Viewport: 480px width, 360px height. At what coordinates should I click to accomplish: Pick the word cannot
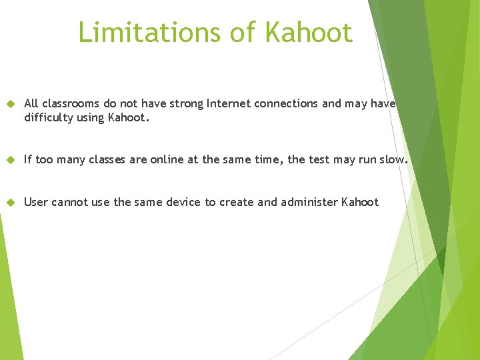[70, 202]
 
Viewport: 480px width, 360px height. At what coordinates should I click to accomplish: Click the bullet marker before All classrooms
[9, 104]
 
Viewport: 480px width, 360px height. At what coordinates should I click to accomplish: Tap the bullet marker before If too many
[9, 160]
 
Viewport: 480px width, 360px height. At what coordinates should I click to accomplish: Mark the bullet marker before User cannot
[9, 202]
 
